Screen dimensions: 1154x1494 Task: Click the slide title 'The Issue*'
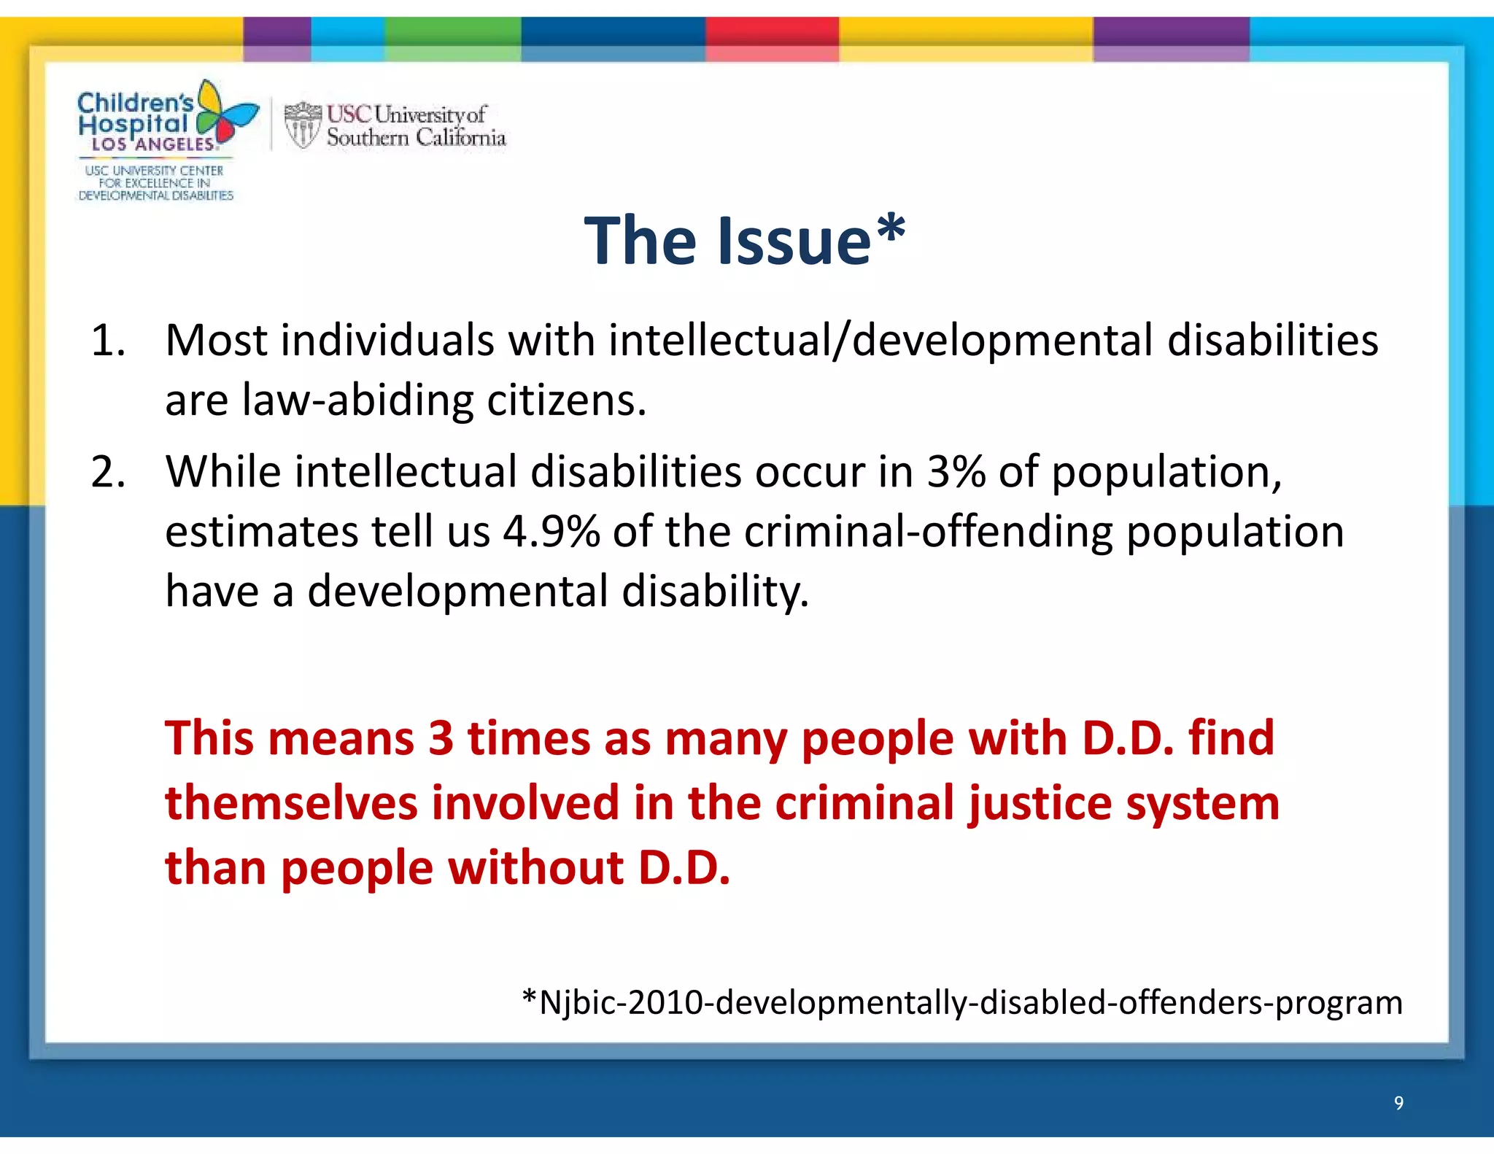pyautogui.click(x=745, y=241)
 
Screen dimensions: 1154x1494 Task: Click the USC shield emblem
pyautogui.click(x=302, y=125)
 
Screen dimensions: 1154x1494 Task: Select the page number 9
pyautogui.click(x=1398, y=1102)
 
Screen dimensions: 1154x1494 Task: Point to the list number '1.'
pyautogui.click(x=108, y=341)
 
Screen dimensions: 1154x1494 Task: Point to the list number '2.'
pyautogui.click(x=108, y=472)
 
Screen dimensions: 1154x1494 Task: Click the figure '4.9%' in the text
pyautogui.click(x=551, y=532)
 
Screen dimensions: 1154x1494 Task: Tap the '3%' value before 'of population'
pyautogui.click(x=956, y=472)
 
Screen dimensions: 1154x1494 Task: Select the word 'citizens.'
pyautogui.click(x=566, y=400)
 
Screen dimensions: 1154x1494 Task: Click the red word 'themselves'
pyautogui.click(x=292, y=803)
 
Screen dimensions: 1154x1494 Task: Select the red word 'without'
pyautogui.click(x=535, y=868)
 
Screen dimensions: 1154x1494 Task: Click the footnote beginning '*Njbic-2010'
pyautogui.click(x=962, y=1002)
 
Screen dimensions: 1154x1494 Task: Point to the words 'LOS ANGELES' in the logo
pyautogui.click(x=152, y=144)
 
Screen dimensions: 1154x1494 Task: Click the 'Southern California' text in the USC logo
pyautogui.click(x=416, y=137)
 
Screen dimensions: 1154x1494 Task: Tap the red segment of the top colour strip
pyautogui.click(x=772, y=39)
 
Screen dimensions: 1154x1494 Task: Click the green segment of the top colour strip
pyautogui.click(x=452, y=39)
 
